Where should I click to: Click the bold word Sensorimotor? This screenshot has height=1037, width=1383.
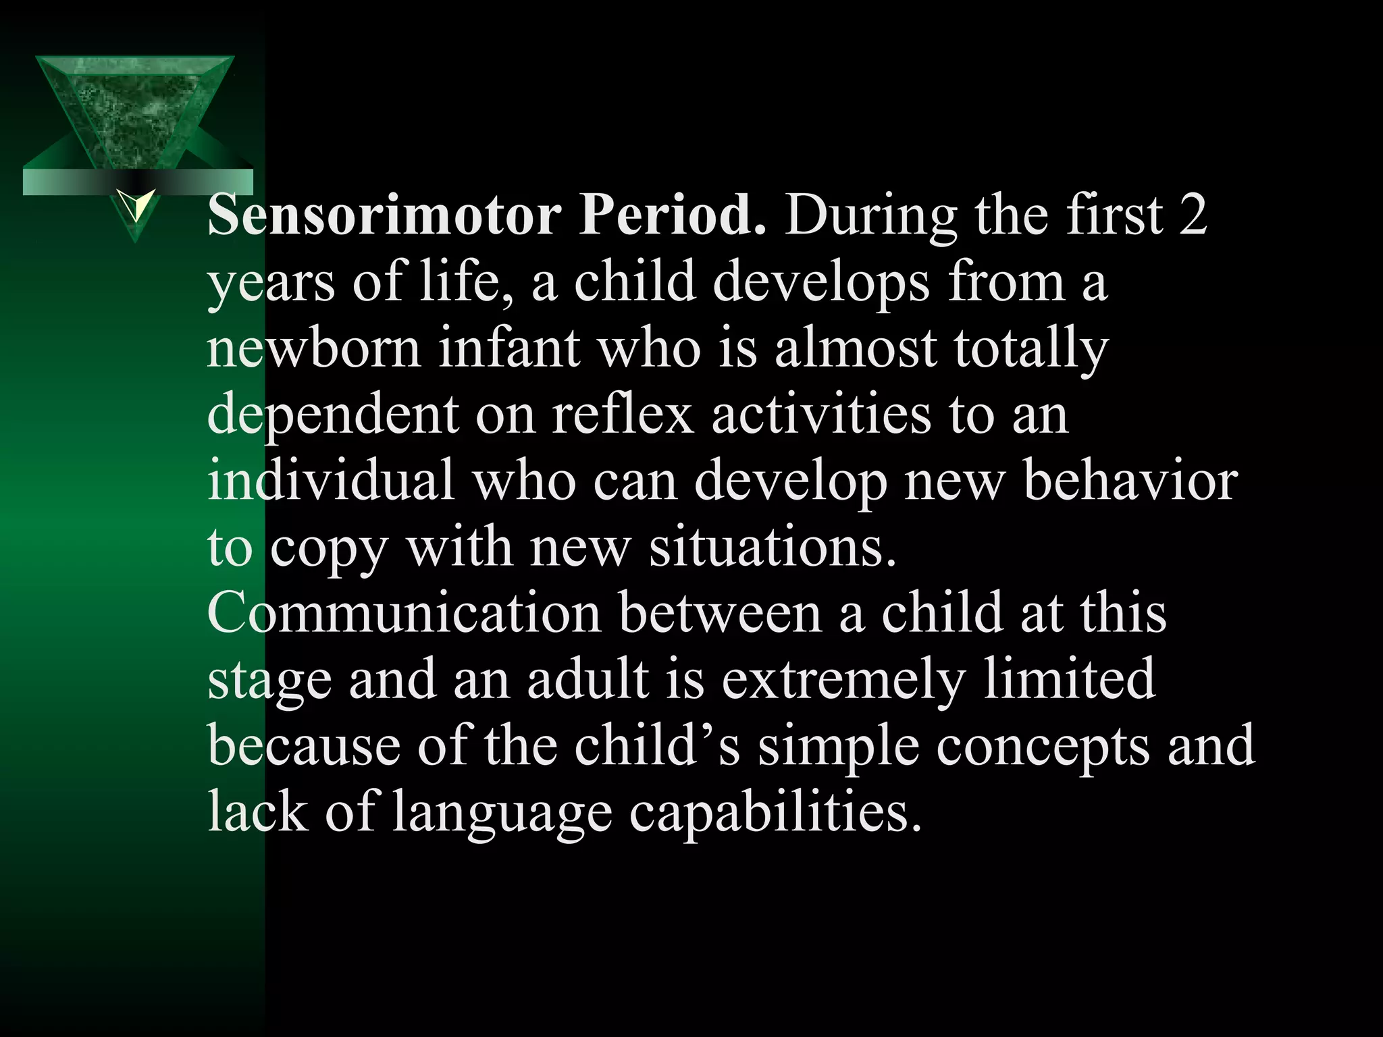point(384,215)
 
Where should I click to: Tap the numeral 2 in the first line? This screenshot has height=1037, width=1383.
point(1193,215)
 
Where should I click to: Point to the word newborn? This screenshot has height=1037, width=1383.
point(314,348)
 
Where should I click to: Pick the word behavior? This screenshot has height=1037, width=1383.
point(1130,481)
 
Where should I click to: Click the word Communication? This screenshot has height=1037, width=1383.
point(404,612)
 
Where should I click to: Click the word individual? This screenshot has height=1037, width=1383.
point(331,480)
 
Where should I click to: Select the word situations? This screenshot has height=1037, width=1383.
point(773,547)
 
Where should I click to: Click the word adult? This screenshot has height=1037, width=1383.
point(588,679)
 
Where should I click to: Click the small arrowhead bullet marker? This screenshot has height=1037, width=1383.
point(135,205)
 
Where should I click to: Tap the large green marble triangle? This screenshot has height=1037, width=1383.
point(135,108)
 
